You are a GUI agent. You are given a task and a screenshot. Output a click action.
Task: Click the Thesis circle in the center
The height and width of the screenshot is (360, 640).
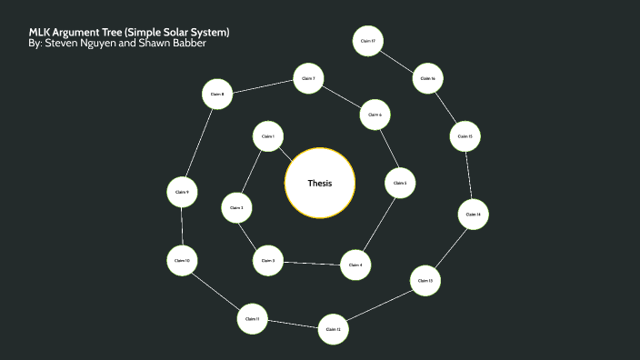(320, 183)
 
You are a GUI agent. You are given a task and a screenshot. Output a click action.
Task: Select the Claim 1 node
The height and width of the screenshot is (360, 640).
(267, 136)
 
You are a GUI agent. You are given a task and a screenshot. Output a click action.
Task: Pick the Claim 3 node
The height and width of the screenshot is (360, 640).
(267, 261)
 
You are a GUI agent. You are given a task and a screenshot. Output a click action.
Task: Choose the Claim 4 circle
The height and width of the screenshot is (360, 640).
(355, 265)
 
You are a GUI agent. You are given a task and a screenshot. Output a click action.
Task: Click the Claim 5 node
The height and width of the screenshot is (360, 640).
(399, 183)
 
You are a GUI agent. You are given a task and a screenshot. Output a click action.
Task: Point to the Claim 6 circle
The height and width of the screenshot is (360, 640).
(375, 115)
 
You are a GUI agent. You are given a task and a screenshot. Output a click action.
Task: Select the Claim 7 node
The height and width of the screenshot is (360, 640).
(308, 79)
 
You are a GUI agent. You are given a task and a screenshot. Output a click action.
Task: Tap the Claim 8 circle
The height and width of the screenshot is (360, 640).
(216, 94)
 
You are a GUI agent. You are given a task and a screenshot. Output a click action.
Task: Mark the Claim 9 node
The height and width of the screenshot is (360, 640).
(182, 192)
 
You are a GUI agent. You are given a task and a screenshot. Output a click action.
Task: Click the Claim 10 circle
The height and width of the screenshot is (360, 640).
(182, 261)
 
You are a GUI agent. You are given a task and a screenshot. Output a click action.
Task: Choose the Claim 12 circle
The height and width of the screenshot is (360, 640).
(333, 328)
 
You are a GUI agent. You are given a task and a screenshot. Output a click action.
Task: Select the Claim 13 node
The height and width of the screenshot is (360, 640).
(425, 281)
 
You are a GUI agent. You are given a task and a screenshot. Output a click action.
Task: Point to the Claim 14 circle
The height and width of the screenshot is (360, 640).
(473, 214)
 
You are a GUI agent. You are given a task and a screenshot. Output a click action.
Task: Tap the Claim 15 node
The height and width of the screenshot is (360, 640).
(465, 136)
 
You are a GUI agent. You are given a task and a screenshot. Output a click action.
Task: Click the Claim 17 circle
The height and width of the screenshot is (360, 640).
(367, 42)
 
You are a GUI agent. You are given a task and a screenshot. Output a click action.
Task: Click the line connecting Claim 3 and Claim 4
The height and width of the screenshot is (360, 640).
(311, 263)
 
